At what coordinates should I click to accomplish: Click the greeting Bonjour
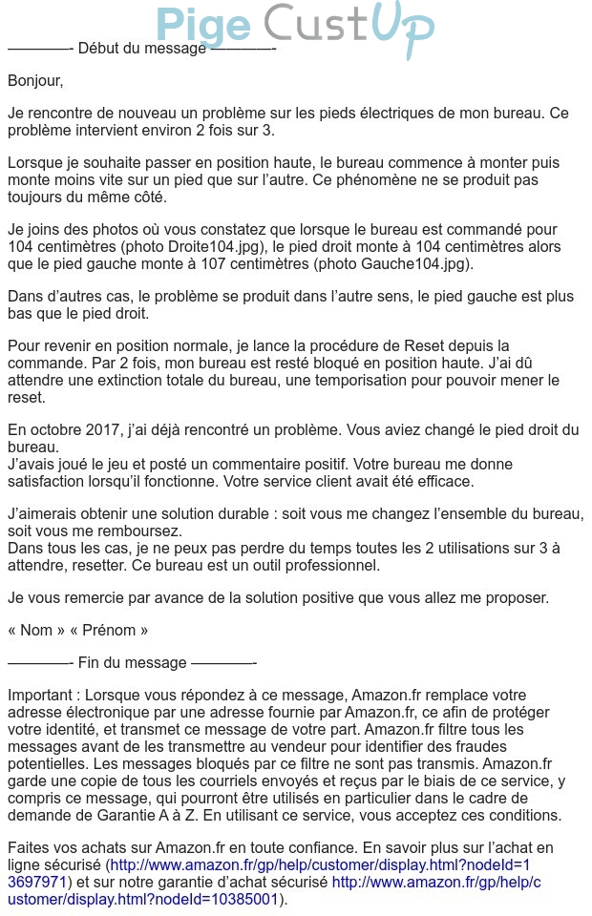point(35,81)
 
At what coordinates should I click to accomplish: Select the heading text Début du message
point(141,48)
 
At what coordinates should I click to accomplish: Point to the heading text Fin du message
point(132,662)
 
